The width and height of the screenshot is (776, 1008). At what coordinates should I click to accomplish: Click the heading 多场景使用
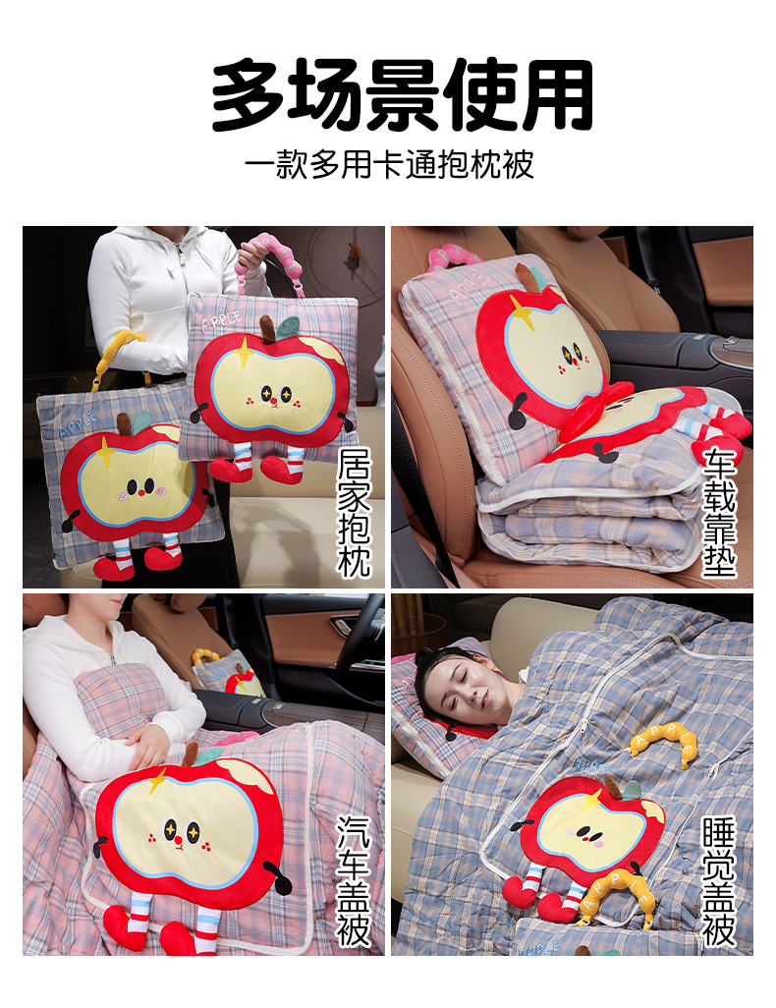click(x=403, y=94)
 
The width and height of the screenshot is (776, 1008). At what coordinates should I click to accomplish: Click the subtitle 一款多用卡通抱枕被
click(x=389, y=165)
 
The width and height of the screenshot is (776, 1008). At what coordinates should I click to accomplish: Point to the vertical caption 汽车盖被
click(x=355, y=880)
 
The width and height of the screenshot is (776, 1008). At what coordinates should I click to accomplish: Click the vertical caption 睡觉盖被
click(x=719, y=880)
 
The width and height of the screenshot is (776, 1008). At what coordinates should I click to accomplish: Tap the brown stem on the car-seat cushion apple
click(x=526, y=276)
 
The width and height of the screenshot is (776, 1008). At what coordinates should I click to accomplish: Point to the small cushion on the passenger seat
click(x=227, y=673)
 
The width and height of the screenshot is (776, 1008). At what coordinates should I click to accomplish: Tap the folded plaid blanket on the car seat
click(x=588, y=514)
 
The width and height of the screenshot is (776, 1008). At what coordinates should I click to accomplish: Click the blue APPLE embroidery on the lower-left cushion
click(x=78, y=425)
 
